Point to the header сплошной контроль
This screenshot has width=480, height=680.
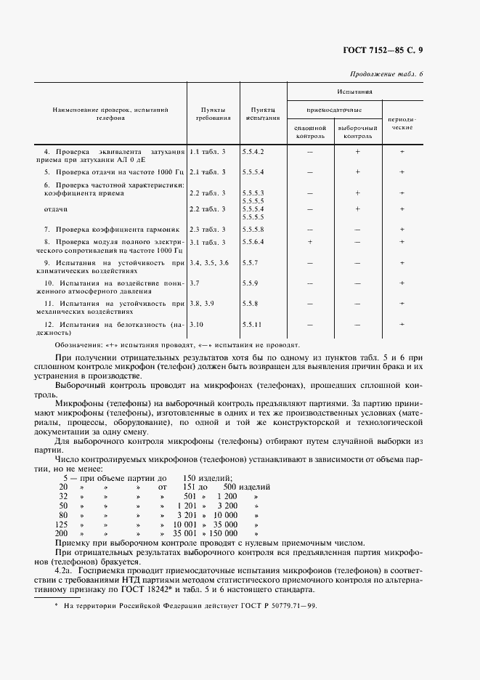coord(310,131)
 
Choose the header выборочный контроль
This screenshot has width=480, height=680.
coord(357,131)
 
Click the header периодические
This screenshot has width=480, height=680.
coord(402,121)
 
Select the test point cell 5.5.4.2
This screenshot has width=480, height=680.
coord(253,151)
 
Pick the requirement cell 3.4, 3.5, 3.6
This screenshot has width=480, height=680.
coord(209,262)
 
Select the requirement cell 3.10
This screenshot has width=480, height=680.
coord(197,323)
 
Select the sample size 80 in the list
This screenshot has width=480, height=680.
coord(63,514)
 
